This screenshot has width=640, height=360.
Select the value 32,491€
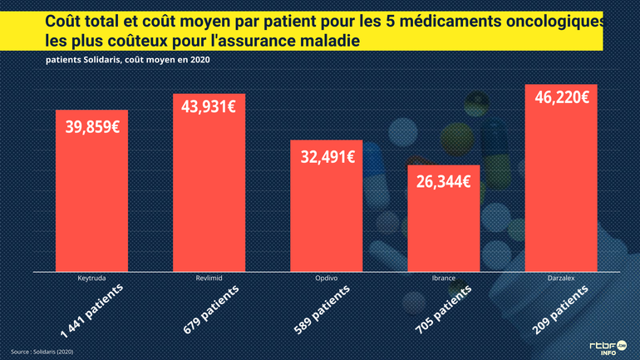coord(327,155)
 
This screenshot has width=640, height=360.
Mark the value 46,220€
coord(562,97)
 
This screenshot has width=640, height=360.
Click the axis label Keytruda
coord(91,279)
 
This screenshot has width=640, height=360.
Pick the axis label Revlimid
coord(209,279)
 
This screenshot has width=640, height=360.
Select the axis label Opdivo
coord(327,279)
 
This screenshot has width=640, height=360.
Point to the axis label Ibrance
coord(443,279)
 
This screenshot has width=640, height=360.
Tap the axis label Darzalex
coord(561,279)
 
